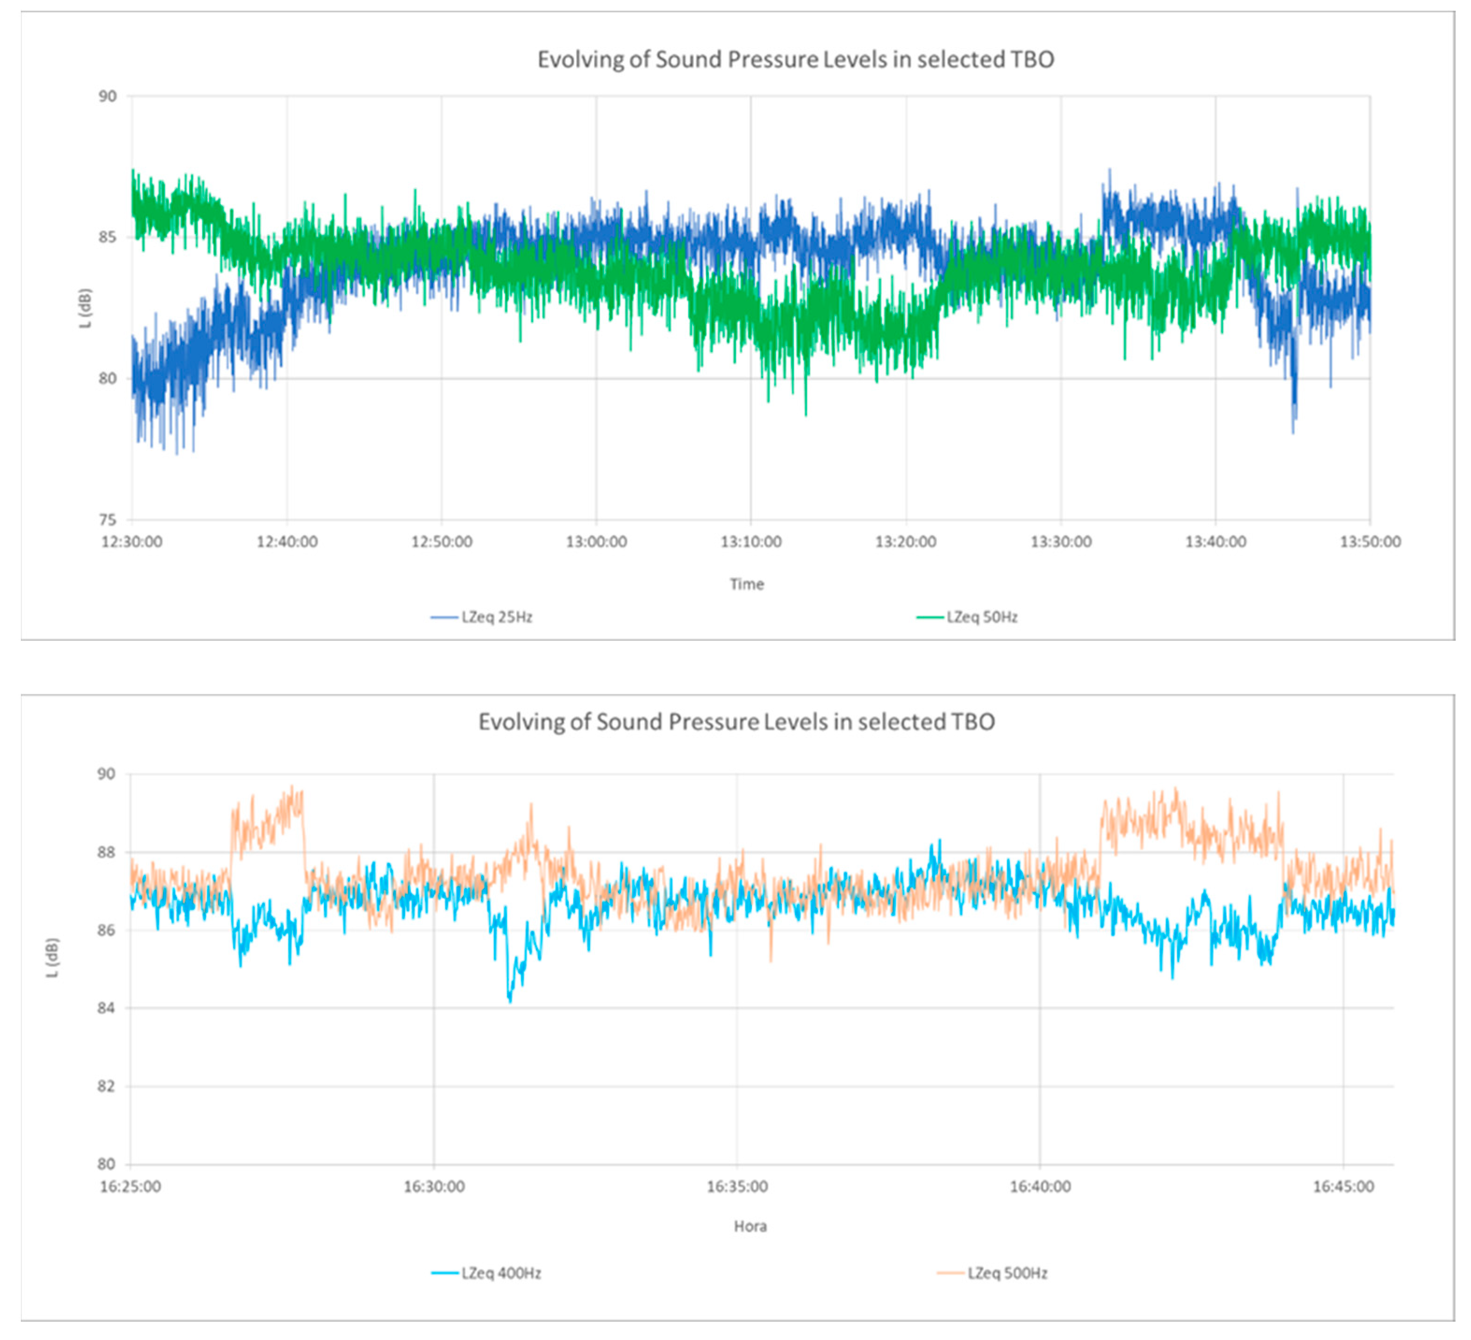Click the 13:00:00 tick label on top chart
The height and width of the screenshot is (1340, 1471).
click(596, 542)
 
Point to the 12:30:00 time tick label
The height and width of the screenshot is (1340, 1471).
click(132, 542)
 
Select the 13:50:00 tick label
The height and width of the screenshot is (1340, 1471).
click(1370, 542)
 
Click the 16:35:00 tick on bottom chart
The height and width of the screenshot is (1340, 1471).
click(737, 1187)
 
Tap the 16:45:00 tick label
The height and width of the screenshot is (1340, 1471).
click(1343, 1187)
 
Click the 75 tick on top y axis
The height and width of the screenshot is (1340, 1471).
click(107, 520)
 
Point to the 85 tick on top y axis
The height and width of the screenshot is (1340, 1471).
click(107, 237)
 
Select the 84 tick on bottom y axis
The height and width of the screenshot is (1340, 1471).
click(107, 1008)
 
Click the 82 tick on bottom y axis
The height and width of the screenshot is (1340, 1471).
click(107, 1086)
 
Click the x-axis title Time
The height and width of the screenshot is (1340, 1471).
click(746, 584)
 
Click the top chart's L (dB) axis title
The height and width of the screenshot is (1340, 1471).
click(86, 308)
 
